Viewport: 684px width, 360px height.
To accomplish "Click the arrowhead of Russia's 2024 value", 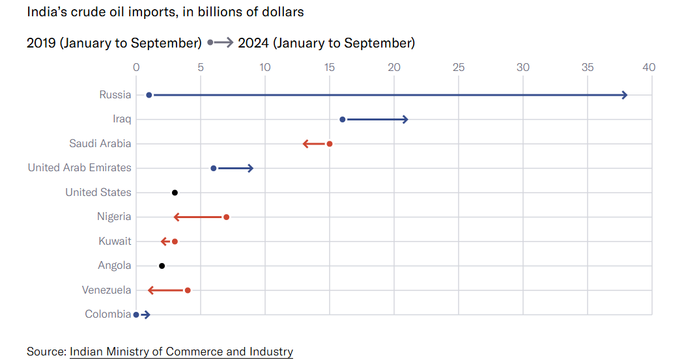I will tap(624, 95).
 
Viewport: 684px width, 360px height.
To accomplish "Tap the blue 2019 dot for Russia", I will tap(149, 95).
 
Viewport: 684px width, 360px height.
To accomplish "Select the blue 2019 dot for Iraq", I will tap(343, 120).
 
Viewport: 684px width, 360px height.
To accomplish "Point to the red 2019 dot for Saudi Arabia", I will tap(330, 144).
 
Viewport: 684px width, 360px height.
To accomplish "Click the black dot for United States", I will tap(175, 193).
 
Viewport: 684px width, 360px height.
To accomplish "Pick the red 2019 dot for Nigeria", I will tap(226, 217).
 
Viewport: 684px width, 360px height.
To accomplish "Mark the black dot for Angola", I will tap(162, 266).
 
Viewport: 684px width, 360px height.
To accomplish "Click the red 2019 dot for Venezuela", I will tap(188, 290).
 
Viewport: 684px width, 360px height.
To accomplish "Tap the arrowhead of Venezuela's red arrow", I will tap(151, 290).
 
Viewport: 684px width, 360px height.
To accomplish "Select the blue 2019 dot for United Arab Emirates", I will tap(214, 169).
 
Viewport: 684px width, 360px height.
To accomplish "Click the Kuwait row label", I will tap(115, 242).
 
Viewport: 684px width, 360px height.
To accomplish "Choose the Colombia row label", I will tap(107, 314).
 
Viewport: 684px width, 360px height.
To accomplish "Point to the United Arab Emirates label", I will tap(79, 168).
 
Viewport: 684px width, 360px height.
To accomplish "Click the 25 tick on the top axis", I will tap(459, 67).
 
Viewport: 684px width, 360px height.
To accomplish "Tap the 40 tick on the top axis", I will tap(649, 67).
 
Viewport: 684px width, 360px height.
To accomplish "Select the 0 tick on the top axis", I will tap(136, 67).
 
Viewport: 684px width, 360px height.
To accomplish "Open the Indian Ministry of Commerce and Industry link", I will tap(181, 352).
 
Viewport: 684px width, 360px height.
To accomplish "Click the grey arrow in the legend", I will tap(221, 43).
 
